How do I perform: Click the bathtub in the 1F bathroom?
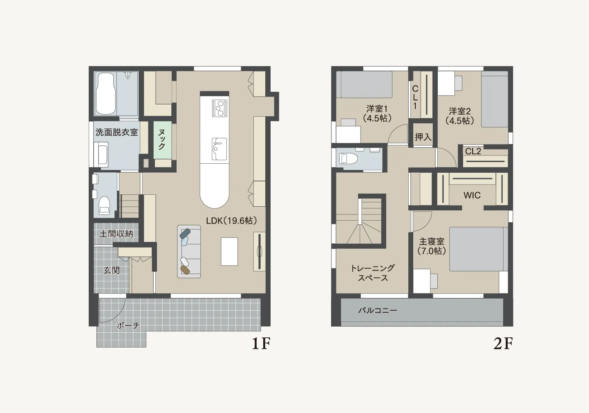pos(106,93)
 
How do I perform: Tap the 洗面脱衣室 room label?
pos(116,132)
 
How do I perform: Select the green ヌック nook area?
pos(163,140)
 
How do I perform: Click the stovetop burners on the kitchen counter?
pos(219,108)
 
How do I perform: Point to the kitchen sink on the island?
pos(219,149)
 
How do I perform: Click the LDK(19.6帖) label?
pos(231,221)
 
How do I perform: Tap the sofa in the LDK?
pos(189,251)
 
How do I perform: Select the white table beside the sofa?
pos(229,252)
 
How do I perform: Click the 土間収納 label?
pos(116,234)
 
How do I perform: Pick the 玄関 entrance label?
pos(112,270)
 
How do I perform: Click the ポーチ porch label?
pos(128,325)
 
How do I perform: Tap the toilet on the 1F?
pos(104,206)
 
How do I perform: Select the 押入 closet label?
pos(423,137)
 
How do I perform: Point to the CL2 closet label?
pos(473,151)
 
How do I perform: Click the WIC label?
pos(472,195)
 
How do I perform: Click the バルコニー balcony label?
pos(378,310)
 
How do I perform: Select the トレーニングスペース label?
pos(373,273)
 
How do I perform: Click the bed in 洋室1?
pos(364,84)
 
